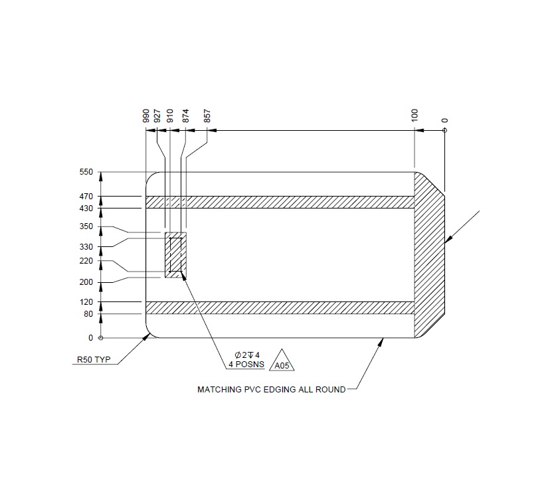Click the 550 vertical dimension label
click(x=86, y=172)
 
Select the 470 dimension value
click(x=86, y=197)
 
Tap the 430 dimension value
click(x=86, y=208)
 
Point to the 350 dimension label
click(x=86, y=227)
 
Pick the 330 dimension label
click(x=86, y=247)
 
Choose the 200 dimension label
click(x=86, y=283)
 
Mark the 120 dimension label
click(x=86, y=302)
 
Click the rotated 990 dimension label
click(x=146, y=116)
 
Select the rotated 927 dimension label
click(x=157, y=116)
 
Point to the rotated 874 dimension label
click(x=187, y=116)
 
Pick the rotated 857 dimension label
click(x=207, y=116)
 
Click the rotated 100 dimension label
click(x=415, y=116)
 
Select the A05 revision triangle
click(x=282, y=362)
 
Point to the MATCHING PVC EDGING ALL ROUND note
click(x=271, y=390)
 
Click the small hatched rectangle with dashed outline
click(x=175, y=255)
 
